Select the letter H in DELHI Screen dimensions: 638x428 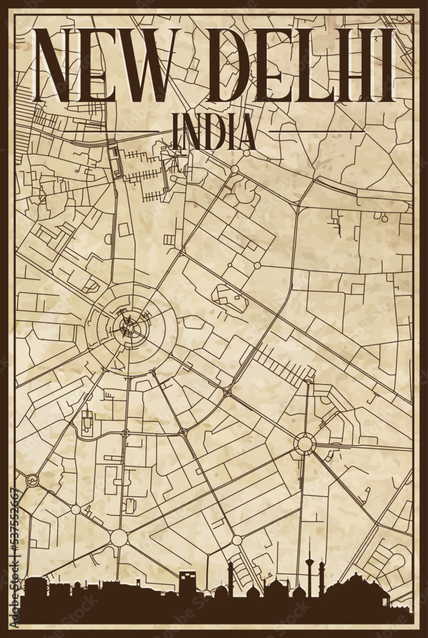tap(361, 66)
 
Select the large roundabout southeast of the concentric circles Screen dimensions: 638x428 tap(304, 443)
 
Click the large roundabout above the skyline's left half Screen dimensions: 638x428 tap(119, 537)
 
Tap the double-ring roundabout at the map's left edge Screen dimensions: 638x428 tap(31, 479)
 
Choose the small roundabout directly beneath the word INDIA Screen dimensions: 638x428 tap(235, 169)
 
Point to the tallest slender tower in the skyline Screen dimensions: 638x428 tap(309, 561)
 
